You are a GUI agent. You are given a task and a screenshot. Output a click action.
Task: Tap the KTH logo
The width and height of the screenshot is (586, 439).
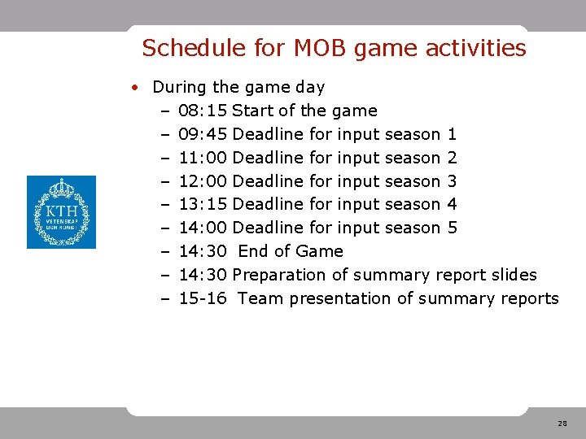pyautogui.click(x=61, y=212)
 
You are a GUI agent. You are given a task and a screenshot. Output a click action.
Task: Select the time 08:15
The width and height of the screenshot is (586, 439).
pyautogui.click(x=203, y=111)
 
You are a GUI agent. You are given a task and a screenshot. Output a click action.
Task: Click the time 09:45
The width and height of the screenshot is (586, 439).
pyautogui.click(x=203, y=134)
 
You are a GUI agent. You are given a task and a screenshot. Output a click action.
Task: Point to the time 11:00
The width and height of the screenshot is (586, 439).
pyautogui.click(x=203, y=158)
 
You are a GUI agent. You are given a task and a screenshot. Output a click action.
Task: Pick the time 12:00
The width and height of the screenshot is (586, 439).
pyautogui.click(x=203, y=181)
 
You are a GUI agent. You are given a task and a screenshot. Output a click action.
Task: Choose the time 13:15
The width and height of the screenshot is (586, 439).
pyautogui.click(x=203, y=205)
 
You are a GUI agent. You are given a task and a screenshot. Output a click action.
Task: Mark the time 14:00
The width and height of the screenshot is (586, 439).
pyautogui.click(x=203, y=228)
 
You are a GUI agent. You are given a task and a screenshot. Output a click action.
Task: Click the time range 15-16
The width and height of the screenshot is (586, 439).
pyautogui.click(x=202, y=299)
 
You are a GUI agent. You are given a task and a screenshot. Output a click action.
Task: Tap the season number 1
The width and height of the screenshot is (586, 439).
pyautogui.click(x=453, y=134)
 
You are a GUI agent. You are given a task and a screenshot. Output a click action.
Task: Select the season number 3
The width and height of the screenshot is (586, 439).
pyautogui.click(x=453, y=181)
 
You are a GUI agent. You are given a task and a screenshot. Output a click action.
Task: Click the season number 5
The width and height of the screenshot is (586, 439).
pyautogui.click(x=453, y=228)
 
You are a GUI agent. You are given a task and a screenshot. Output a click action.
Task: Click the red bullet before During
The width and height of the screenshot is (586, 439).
pyautogui.click(x=140, y=87)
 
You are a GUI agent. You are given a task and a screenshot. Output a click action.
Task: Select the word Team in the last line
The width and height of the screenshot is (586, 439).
pyautogui.click(x=260, y=299)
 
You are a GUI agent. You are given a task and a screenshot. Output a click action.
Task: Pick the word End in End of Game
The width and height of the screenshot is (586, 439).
pyautogui.click(x=253, y=252)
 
